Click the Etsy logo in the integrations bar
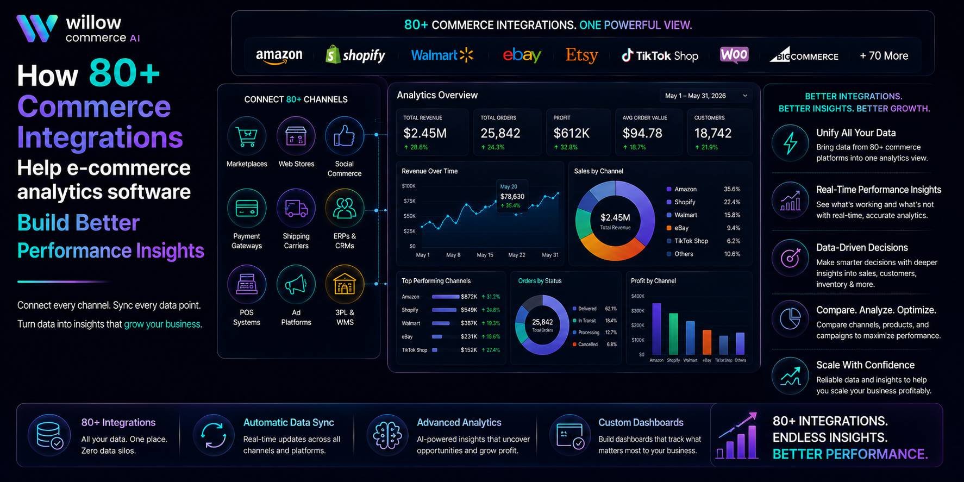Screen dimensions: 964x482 (581, 55)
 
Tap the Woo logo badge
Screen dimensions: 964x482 (734, 54)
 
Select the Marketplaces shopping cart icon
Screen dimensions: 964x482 (247, 136)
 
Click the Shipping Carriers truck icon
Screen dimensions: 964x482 (296, 208)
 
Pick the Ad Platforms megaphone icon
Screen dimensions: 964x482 (296, 284)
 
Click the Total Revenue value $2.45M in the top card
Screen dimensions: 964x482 (425, 133)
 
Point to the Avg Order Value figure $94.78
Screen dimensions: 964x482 (642, 133)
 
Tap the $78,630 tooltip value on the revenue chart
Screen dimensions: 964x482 (512, 197)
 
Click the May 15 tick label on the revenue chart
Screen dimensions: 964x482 (485, 255)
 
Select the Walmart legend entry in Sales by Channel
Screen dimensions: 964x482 (686, 215)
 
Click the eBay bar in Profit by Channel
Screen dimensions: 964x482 (707, 342)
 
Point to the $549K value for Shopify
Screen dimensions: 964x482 (469, 310)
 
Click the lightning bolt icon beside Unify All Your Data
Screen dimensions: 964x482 (791, 143)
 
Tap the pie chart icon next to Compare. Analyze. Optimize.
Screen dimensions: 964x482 (791, 319)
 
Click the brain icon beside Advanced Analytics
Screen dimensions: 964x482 (387, 435)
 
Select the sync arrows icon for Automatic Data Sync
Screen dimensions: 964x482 (214, 435)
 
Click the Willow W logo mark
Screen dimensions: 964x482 (37, 28)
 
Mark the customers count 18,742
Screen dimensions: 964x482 (713, 133)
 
